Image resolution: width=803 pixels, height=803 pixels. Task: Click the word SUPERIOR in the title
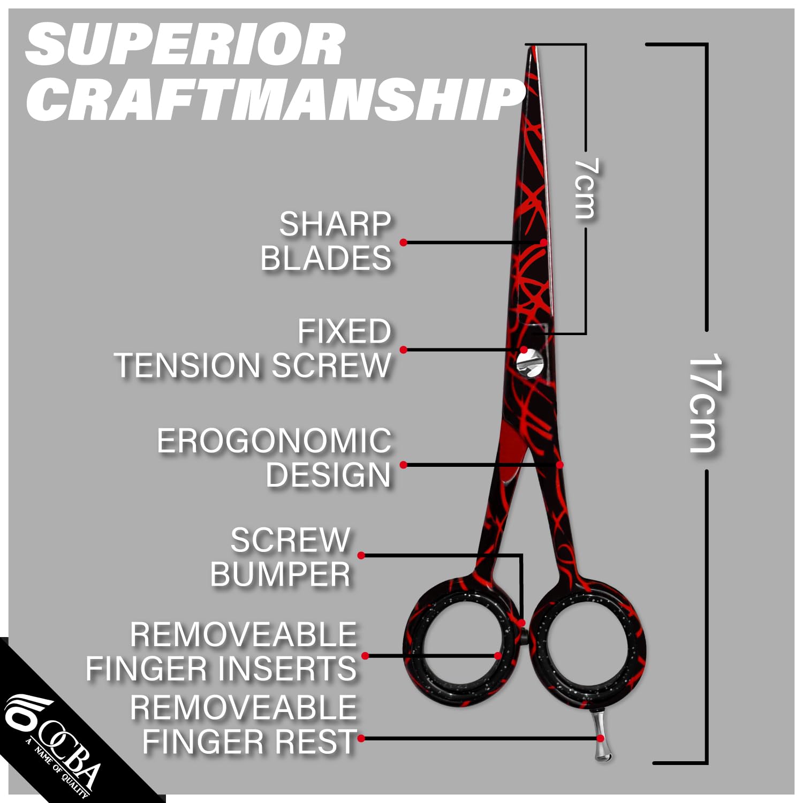185,46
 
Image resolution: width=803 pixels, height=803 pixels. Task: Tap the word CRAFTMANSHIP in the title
276,99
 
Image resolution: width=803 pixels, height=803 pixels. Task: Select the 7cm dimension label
585,188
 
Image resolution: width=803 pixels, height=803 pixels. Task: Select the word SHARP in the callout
335,225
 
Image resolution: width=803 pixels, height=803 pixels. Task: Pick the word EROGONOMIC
274,442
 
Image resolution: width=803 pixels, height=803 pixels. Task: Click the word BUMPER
280,575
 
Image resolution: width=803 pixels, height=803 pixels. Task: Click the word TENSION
187,366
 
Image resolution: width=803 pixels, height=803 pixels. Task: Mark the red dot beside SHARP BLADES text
404,243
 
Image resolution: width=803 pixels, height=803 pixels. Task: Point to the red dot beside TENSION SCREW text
404,350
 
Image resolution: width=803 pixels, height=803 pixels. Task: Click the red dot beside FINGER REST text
361,739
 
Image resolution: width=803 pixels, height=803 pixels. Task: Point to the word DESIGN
328,475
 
